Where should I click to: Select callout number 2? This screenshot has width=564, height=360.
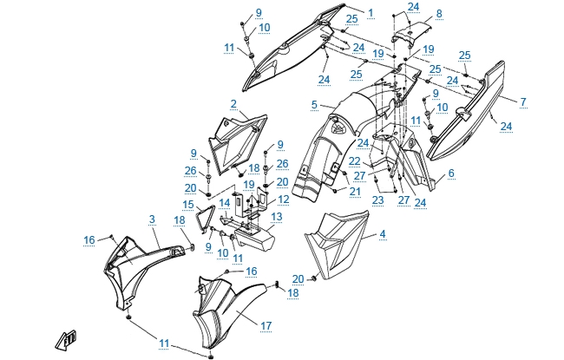pyautogui.click(x=233, y=104)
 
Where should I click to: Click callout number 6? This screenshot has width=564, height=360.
pyautogui.click(x=451, y=173)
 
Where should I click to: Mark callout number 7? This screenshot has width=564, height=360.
pyautogui.click(x=522, y=101)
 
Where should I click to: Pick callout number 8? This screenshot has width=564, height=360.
pyautogui.click(x=438, y=14)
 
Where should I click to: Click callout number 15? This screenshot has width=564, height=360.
pyautogui.click(x=187, y=204)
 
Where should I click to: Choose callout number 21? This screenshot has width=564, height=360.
pyautogui.click(x=355, y=190)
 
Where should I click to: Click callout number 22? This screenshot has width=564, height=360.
pyautogui.click(x=355, y=161)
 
